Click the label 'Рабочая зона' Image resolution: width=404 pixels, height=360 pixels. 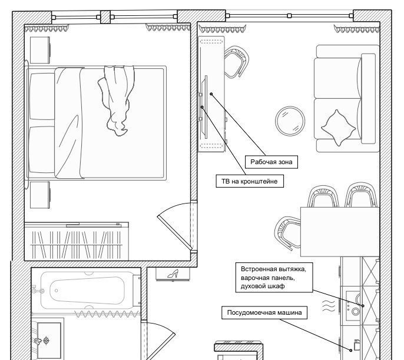pyautogui.click(x=271, y=162)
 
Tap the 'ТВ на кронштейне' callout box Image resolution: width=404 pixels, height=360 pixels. pyautogui.click(x=250, y=181)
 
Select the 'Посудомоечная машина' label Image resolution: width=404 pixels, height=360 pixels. pyautogui.click(x=264, y=313)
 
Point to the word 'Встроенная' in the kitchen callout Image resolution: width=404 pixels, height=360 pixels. pyautogui.click(x=260, y=269)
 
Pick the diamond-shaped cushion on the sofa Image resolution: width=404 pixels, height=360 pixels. pyautogui.click(x=338, y=128)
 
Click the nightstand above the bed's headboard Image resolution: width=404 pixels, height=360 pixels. pyautogui.click(x=40, y=50)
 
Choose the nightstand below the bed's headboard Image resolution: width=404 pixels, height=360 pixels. pyautogui.click(x=40, y=195)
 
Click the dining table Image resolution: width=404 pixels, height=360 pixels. pyautogui.click(x=340, y=232)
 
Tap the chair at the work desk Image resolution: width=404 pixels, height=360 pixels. pyautogui.click(x=236, y=62)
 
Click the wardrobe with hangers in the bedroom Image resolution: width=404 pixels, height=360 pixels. pyautogui.click(x=77, y=241)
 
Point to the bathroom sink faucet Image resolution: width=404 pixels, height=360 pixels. pyautogui.click(x=38, y=341)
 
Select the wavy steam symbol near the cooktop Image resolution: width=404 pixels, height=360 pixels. pyautogui.click(x=328, y=306)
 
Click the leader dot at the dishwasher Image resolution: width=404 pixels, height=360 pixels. pyautogui.click(x=350, y=351)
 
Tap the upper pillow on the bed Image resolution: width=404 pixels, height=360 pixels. pyautogui.click(x=42, y=96)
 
